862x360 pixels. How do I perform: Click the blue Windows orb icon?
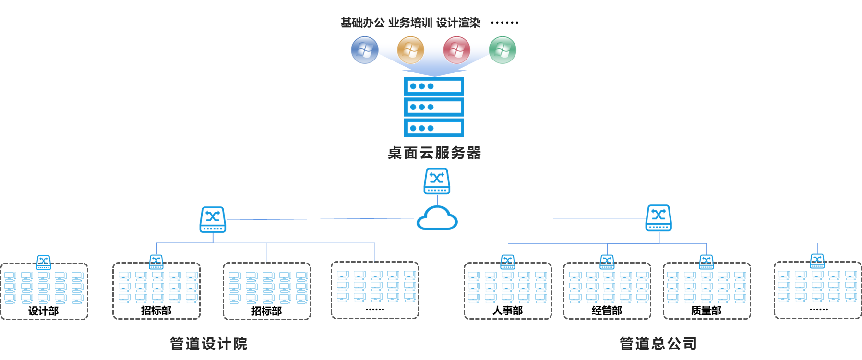(x=365, y=50)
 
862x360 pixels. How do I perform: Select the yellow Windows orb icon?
(x=411, y=50)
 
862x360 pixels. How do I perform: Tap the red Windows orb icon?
(x=456, y=50)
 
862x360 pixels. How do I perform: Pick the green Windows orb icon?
(x=503, y=50)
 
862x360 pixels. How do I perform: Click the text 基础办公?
(x=362, y=23)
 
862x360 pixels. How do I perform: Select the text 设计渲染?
(x=458, y=23)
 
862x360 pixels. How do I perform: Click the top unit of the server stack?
(x=434, y=86)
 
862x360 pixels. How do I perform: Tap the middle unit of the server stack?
(x=434, y=107)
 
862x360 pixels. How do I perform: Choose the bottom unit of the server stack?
(x=434, y=128)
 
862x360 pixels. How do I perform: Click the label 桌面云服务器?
(x=434, y=153)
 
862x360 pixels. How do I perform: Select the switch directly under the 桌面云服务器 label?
(x=437, y=181)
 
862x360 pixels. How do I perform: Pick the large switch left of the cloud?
(x=213, y=219)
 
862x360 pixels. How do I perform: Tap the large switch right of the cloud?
(x=659, y=218)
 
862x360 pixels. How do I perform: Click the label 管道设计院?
(x=209, y=344)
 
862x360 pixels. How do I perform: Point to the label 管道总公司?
(x=658, y=344)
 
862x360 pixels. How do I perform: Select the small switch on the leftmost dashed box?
(x=44, y=262)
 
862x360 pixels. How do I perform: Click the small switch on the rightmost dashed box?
(x=817, y=261)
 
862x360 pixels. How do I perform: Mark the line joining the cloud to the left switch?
(x=317, y=219)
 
